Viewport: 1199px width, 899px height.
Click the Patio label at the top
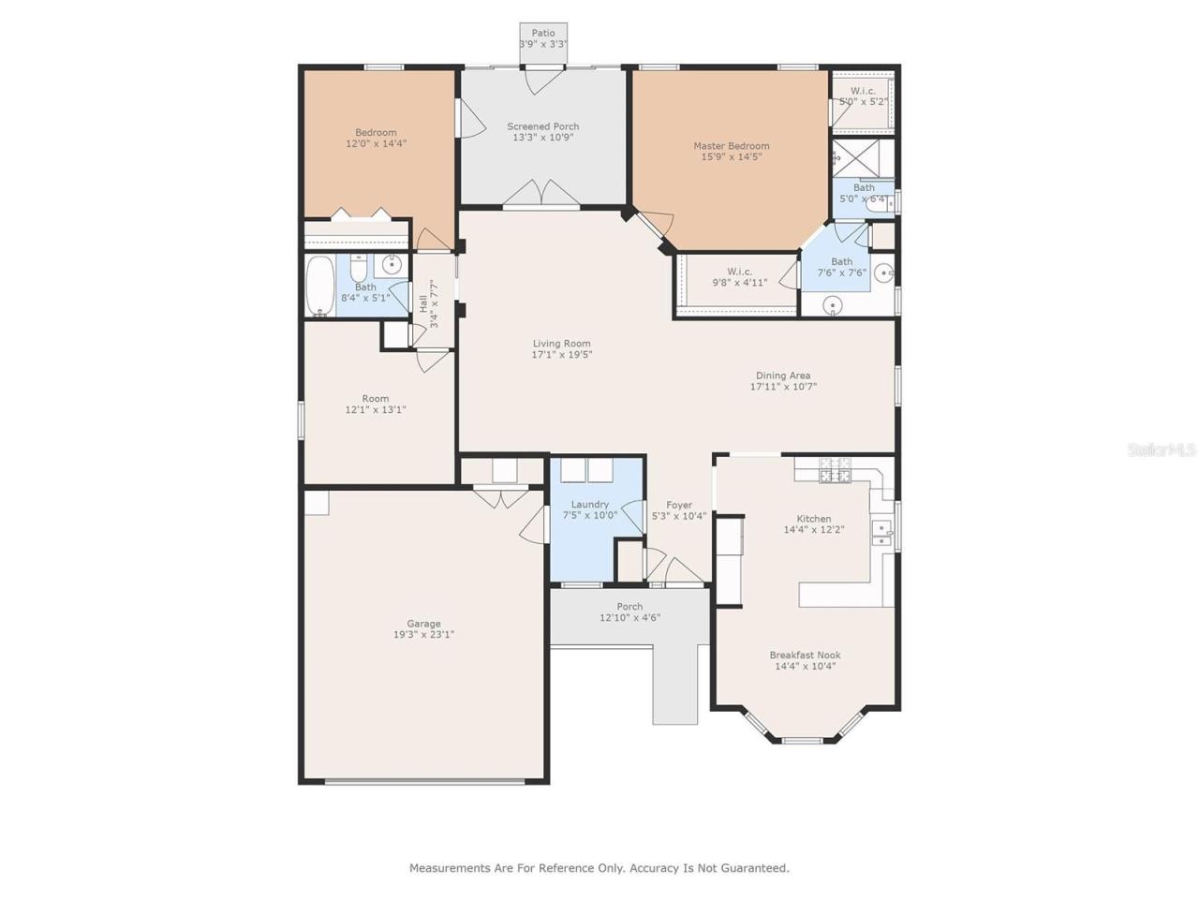tap(543, 34)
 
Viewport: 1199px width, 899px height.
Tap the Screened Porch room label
tap(543, 126)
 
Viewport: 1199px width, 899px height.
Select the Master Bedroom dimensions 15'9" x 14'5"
tap(732, 157)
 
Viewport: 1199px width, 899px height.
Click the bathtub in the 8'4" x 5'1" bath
tap(320, 286)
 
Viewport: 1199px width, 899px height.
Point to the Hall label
tap(423, 303)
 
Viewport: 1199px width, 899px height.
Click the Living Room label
tap(562, 344)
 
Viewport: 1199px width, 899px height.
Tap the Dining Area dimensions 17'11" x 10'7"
tap(783, 387)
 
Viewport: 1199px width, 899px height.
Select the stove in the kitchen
tap(835, 470)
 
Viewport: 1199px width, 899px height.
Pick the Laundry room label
tap(590, 505)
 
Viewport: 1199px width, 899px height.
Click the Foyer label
tap(679, 505)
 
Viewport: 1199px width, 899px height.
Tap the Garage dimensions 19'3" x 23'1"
tap(423, 635)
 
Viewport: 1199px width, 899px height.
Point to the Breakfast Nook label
tap(805, 656)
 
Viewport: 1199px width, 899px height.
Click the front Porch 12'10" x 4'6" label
tap(629, 607)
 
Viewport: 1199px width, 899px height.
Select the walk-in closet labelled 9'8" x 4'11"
tap(739, 277)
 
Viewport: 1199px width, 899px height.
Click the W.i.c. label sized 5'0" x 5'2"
tap(863, 91)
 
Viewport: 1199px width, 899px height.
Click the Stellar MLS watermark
tap(1161, 450)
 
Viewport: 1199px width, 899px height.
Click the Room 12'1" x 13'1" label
tap(375, 399)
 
